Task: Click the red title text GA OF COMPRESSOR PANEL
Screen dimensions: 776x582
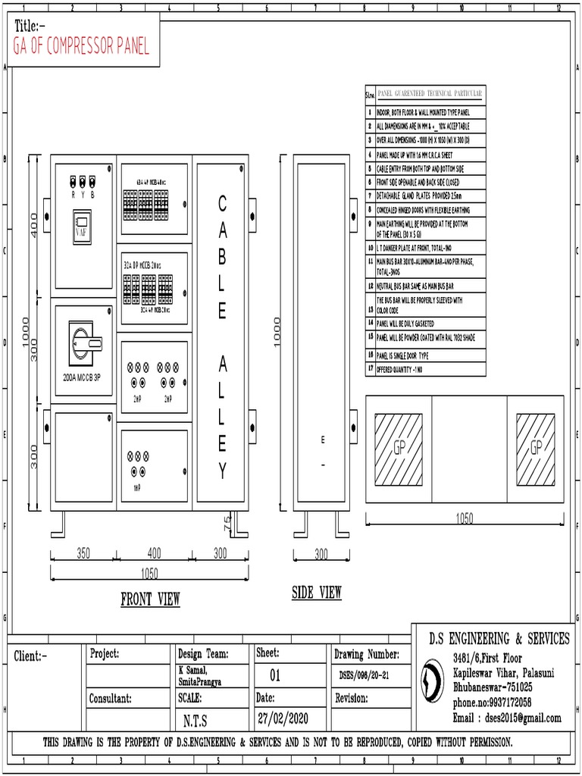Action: [81, 47]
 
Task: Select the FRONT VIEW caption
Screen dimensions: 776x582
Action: [150, 599]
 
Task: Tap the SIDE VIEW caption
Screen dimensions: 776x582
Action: [317, 593]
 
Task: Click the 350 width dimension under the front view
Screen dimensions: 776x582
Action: [83, 553]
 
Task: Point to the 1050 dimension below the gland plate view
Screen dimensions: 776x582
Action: [464, 519]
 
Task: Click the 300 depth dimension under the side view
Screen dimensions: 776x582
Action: [321, 553]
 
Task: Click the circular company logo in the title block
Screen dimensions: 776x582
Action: [433, 677]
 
